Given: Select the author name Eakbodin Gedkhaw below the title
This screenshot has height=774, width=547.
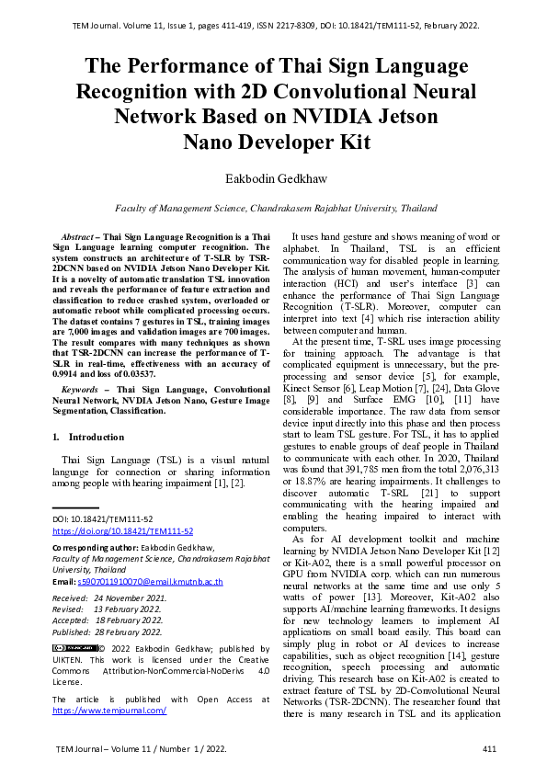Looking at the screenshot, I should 273,176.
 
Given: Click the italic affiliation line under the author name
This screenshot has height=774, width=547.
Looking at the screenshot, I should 273,209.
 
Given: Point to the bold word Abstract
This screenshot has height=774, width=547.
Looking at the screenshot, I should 79,237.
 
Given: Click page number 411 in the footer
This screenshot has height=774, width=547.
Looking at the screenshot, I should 489,750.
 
